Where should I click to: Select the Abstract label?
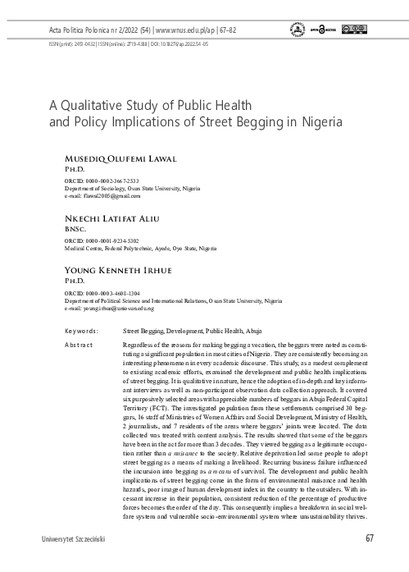pyautogui.click(x=80, y=345)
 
